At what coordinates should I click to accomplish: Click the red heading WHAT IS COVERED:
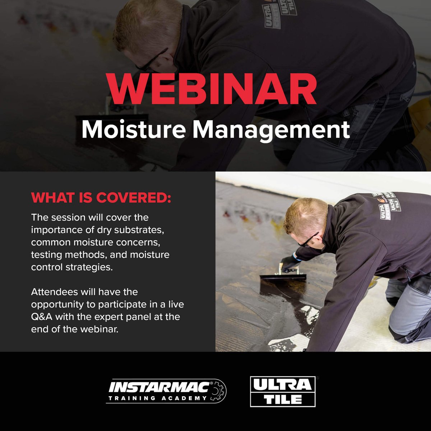[101, 198]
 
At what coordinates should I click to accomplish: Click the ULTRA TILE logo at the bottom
[282, 391]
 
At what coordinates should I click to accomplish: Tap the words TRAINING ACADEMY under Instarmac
[158, 398]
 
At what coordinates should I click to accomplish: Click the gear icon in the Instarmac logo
[217, 391]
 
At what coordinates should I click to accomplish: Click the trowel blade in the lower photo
[283, 277]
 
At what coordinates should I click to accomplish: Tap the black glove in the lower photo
[290, 263]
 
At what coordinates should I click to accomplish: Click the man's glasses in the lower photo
[308, 240]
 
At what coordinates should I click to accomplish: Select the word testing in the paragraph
[45, 255]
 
